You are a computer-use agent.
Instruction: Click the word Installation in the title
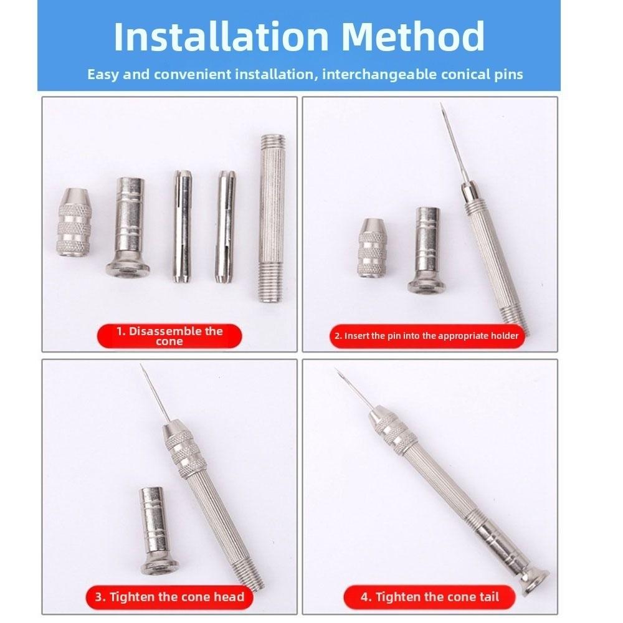click(221, 37)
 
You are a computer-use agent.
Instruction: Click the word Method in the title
click(413, 37)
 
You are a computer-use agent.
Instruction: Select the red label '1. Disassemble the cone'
click(169, 336)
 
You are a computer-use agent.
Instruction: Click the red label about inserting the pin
click(427, 336)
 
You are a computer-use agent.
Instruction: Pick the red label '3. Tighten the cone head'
click(169, 597)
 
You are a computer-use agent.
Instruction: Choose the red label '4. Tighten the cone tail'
click(429, 597)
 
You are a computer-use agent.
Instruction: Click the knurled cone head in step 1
click(74, 222)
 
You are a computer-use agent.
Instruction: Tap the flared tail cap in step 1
click(128, 226)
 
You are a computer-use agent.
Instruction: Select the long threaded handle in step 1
click(272, 218)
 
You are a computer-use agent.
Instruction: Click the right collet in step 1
click(226, 227)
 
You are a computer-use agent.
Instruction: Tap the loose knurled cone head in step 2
click(372, 247)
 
